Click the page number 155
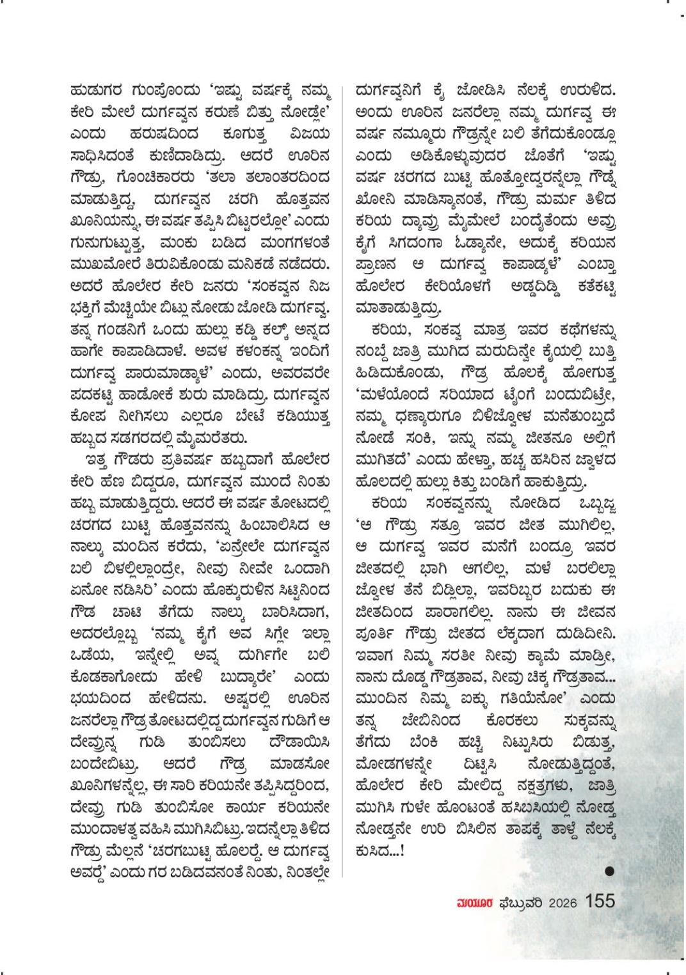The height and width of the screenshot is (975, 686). click(x=600, y=901)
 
